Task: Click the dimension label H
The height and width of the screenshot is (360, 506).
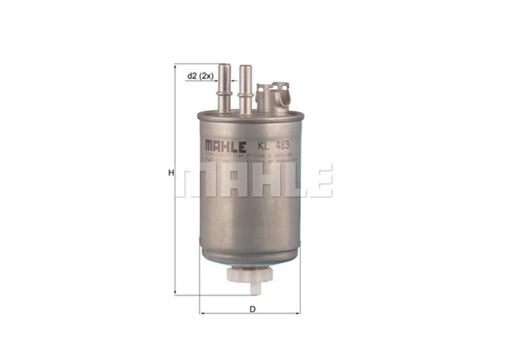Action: coord(172,173)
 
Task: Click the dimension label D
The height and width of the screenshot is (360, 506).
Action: coord(252,309)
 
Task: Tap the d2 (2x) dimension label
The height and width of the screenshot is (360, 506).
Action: coord(200,76)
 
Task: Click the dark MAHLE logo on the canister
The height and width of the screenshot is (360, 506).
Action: coord(225,145)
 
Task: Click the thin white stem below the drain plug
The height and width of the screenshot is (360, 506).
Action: coord(250,290)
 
